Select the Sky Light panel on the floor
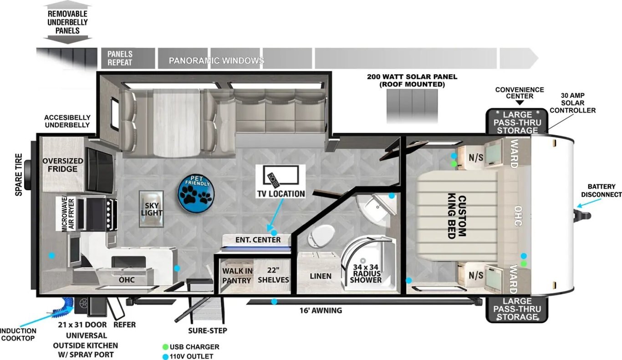coord(151,209)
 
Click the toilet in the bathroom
coord(321,236)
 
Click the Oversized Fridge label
coord(62,165)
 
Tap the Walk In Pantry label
coord(237,276)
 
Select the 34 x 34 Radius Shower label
coord(366,274)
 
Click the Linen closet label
coord(321,276)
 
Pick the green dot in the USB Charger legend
coord(165,347)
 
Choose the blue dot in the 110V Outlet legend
coord(165,357)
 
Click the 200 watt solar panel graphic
coord(412,106)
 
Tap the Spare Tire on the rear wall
coord(28,175)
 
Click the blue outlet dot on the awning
coord(274,301)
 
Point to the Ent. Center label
coord(258,240)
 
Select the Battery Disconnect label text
coord(602,190)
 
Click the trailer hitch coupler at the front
coord(582,216)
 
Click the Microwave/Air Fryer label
coord(68,214)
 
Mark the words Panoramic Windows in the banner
coord(216,61)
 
